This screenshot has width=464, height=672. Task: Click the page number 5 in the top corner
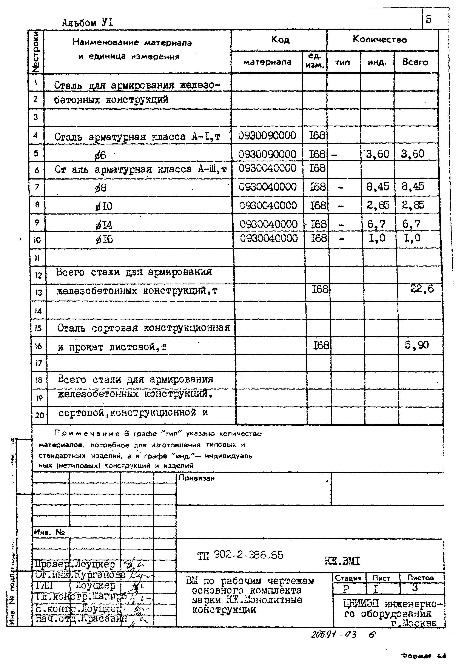[429, 20]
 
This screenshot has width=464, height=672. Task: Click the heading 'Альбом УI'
[88, 23]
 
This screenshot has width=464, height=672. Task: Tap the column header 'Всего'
[415, 62]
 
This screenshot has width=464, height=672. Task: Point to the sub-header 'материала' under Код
[267, 62]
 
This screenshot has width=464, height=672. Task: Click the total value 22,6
[422, 288]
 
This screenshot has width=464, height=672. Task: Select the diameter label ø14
[104, 225]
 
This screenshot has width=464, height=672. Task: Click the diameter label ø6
[100, 155]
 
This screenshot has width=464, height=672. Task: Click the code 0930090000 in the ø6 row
[267, 154]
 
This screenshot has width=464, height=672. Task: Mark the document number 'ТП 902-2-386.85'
[240, 555]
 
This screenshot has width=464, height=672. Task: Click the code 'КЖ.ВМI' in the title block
[342, 561]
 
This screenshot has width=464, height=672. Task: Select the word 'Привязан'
[197, 478]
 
